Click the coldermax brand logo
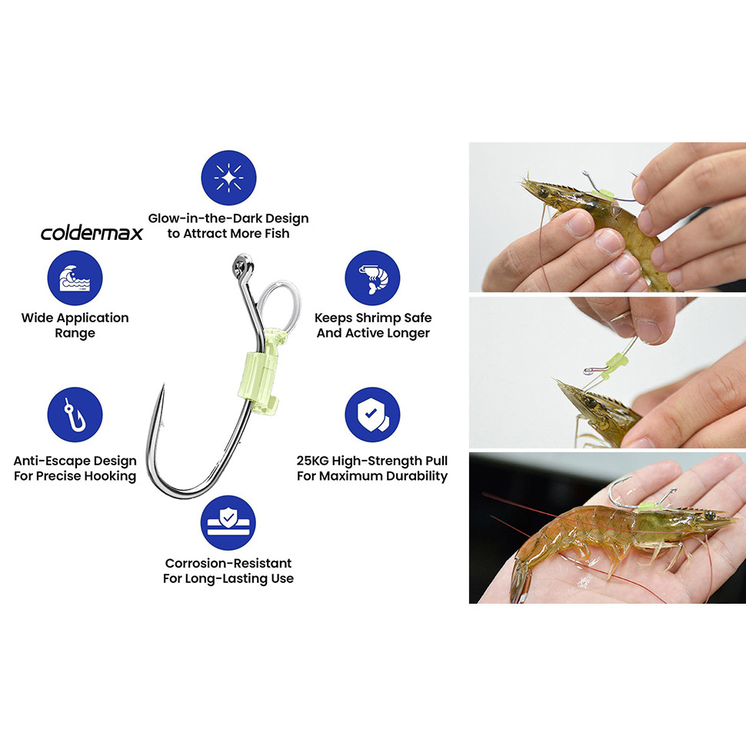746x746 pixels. (x=92, y=233)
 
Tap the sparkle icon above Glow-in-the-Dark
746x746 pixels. (x=229, y=178)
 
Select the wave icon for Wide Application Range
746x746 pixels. (x=75, y=278)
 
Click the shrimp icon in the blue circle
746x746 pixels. (x=372, y=278)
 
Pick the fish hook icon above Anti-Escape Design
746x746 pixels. (x=75, y=415)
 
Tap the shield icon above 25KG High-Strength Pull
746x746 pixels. (x=372, y=415)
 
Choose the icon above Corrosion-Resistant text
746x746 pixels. (x=228, y=522)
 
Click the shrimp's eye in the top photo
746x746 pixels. (x=542, y=193)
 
